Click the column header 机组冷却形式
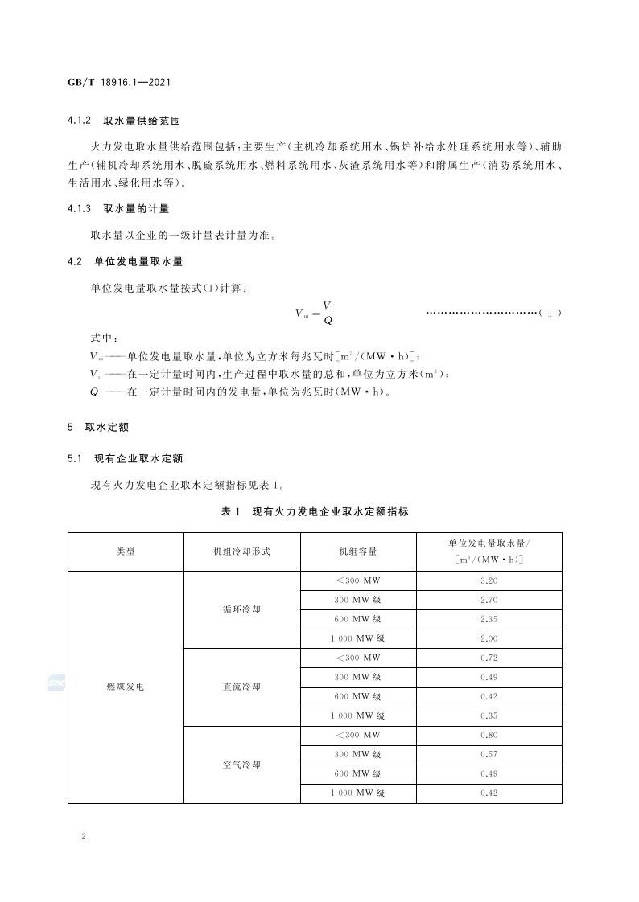point(241,551)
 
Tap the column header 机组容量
point(358,551)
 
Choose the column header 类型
point(126,551)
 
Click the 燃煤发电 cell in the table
point(126,687)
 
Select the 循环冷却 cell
point(241,609)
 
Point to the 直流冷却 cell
point(241,687)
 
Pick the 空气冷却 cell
point(241,765)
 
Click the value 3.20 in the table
point(489,580)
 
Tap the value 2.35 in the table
point(489,619)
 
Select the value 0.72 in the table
point(489,658)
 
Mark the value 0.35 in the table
point(489,715)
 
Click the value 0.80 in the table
point(489,736)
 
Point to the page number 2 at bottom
point(84,836)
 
